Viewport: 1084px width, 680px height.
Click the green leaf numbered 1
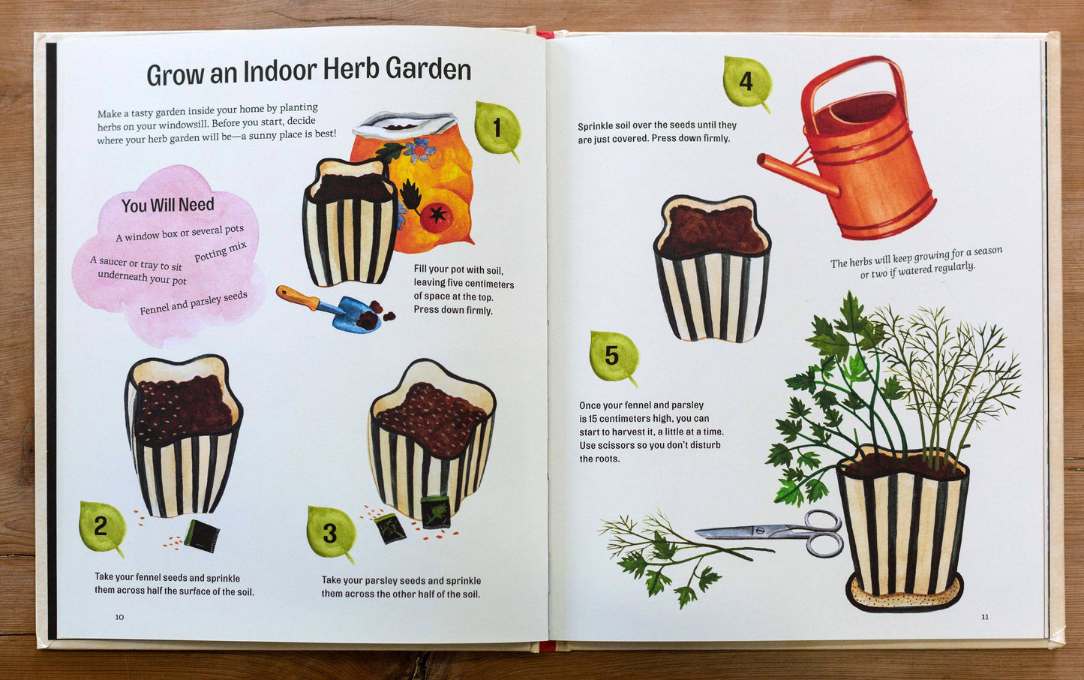tap(497, 129)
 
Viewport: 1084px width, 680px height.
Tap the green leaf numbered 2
tap(102, 528)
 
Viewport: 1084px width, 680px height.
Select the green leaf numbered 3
tap(332, 533)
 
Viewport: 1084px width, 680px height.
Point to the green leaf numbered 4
tap(746, 83)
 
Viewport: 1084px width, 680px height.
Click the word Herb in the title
tap(351, 69)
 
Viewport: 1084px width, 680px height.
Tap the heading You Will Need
tap(167, 205)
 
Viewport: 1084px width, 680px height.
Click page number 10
tap(119, 616)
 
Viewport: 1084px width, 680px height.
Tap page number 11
tap(985, 616)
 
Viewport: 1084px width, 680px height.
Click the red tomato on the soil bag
tap(437, 216)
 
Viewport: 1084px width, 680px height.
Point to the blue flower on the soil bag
tap(419, 150)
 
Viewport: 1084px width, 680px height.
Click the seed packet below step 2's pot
tap(202, 536)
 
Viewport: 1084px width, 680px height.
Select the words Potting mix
tap(221, 251)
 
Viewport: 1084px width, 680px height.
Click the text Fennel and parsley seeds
tap(194, 302)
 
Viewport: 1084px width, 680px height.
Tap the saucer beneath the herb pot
tap(905, 593)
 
